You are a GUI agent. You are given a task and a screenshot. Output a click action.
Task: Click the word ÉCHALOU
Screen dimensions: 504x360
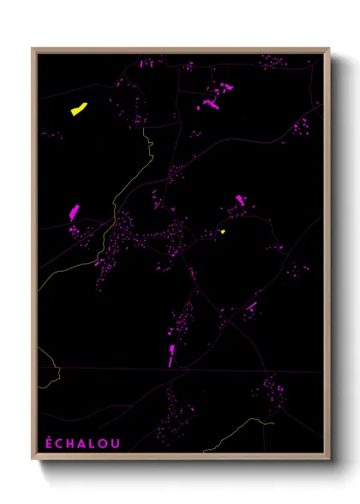(x=82, y=442)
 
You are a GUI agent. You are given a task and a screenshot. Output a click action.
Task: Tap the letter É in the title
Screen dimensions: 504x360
(x=49, y=442)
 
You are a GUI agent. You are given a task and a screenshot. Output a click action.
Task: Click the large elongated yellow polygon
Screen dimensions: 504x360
(x=78, y=109)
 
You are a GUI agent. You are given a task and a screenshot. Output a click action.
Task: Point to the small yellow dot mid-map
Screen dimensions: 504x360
(x=223, y=231)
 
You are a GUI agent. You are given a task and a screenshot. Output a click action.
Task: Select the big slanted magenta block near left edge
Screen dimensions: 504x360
(x=74, y=212)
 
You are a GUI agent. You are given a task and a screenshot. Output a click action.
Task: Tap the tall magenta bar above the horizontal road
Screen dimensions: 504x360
(x=171, y=353)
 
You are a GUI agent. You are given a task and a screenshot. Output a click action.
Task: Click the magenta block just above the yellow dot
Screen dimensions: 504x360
(x=239, y=201)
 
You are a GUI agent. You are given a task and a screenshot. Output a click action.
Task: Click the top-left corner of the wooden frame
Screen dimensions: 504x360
(x=33, y=49)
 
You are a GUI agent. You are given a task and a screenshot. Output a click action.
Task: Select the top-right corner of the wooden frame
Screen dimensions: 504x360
(x=329, y=49)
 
